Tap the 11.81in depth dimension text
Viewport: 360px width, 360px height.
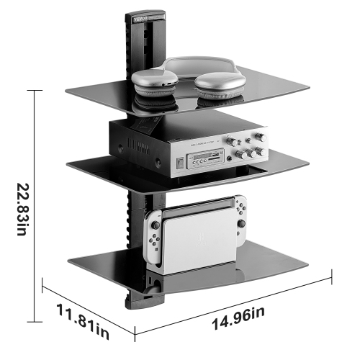pyautogui.click(x=83, y=322)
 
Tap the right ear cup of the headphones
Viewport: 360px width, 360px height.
pyautogui.click(x=219, y=87)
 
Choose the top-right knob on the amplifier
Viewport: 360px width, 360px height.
pyautogui.click(x=258, y=138)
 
